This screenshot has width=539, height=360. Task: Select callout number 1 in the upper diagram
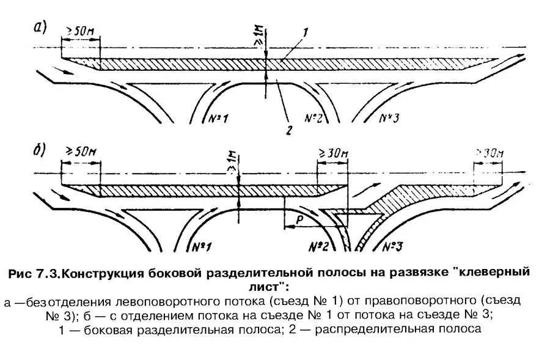305,31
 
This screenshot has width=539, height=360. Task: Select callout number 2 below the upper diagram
290,129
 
